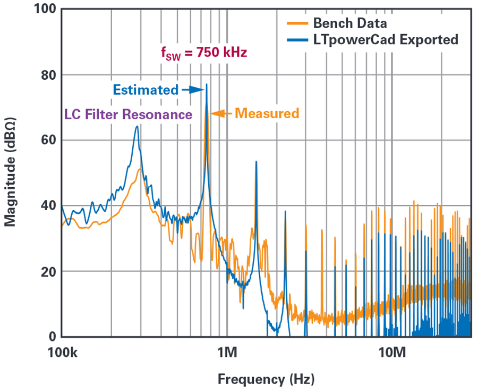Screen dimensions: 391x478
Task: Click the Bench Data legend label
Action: [x=349, y=23]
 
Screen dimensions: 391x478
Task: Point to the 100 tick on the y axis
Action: [x=44, y=10]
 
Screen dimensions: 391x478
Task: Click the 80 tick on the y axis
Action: [x=47, y=75]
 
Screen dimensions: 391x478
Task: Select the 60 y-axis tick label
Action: [x=47, y=140]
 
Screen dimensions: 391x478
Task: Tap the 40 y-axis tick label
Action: [x=47, y=206]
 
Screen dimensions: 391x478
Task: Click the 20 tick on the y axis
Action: [x=47, y=271]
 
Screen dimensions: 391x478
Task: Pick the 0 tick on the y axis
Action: [x=51, y=337]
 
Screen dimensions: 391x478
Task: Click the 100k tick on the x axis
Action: [x=62, y=353]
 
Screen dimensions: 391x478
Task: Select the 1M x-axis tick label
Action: [x=227, y=353]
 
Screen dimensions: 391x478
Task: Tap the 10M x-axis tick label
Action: [x=391, y=353]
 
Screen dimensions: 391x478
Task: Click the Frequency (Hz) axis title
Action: [x=266, y=379]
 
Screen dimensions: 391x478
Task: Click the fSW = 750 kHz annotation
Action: [x=204, y=53]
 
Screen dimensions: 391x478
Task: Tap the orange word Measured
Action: [x=267, y=113]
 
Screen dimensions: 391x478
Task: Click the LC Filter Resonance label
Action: [x=128, y=114]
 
